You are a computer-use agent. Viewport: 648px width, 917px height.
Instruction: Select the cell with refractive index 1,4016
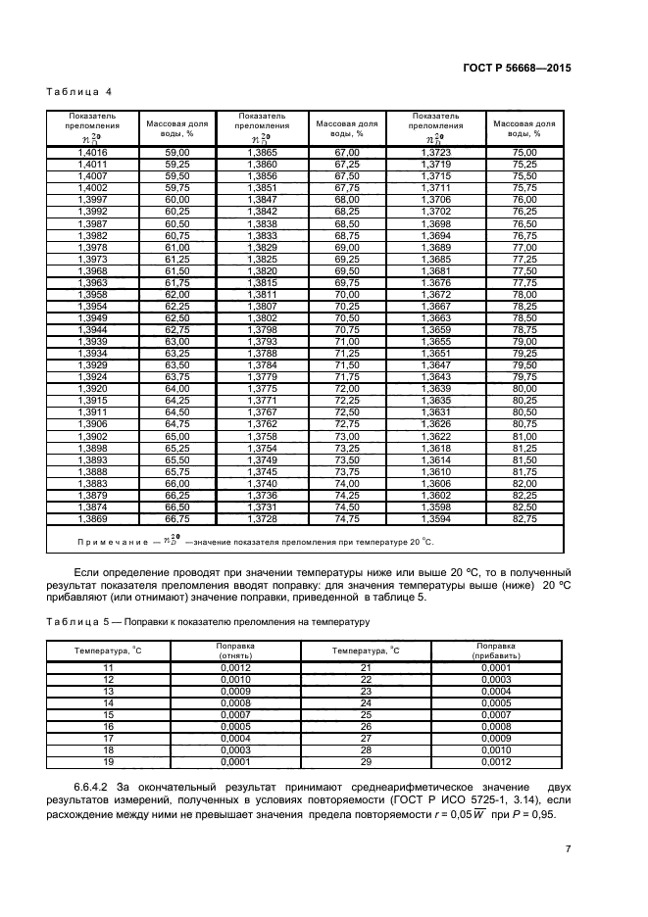coord(92,153)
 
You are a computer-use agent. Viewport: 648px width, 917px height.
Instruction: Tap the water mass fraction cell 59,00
coord(176,153)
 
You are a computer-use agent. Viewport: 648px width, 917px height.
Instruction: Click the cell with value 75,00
coord(524,153)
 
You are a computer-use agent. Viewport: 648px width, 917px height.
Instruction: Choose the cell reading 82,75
coord(524,517)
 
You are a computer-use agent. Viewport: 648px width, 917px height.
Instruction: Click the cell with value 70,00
coord(347,293)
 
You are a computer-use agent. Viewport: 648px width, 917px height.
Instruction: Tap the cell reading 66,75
coord(176,517)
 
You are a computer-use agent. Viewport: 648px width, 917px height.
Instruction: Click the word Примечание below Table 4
coord(109,541)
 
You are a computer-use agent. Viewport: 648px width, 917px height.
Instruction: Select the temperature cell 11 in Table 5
coord(109,666)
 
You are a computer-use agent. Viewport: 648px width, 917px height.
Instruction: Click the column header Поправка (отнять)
coord(235,651)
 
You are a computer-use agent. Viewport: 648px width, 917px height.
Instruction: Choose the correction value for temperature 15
coord(235,714)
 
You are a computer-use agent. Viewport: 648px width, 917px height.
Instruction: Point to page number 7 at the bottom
coord(567,849)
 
